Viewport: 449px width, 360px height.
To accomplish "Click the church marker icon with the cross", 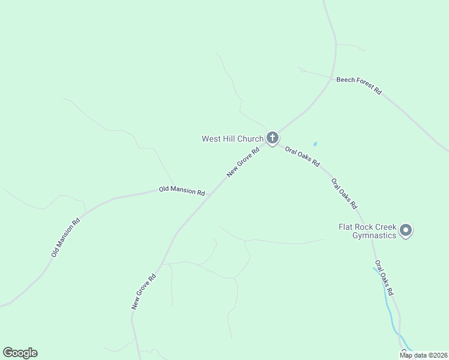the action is [272, 138].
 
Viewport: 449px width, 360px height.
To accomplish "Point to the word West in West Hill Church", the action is [211, 139].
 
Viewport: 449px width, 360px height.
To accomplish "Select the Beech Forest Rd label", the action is [358, 85].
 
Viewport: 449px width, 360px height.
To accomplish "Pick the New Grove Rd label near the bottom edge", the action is [144, 292].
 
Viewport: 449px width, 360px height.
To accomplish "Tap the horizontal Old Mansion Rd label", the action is [182, 191].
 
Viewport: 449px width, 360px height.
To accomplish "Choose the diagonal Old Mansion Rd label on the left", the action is [65, 238].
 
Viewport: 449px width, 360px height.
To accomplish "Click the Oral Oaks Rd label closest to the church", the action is [303, 156].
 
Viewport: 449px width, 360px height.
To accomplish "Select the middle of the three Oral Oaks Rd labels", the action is [345, 193].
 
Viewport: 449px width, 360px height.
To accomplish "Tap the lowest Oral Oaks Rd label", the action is [384, 278].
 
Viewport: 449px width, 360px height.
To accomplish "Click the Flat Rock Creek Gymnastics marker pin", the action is [406, 230].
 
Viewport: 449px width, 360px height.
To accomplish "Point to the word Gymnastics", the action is [375, 235].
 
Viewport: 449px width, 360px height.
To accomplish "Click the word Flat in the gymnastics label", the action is [346, 227].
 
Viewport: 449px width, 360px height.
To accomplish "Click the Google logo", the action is [20, 353].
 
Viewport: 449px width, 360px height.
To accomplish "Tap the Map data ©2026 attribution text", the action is [423, 355].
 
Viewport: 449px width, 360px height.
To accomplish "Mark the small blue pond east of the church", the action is [315, 144].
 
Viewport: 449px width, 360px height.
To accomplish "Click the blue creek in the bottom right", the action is [391, 312].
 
